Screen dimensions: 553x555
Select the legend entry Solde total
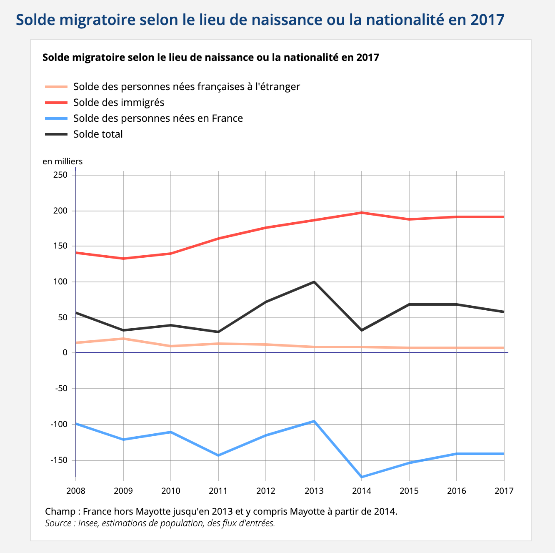point(98,134)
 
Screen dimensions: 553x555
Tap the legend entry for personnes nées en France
point(158,118)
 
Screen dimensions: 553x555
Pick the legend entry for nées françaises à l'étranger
point(186,87)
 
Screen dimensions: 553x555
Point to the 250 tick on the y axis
point(60,175)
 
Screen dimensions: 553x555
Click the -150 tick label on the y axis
point(59,460)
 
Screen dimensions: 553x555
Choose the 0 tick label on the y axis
point(65,353)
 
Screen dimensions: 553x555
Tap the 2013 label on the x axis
point(314,491)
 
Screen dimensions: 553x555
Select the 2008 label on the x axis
point(76,491)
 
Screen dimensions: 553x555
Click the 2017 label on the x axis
point(504,491)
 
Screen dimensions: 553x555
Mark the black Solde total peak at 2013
point(314,282)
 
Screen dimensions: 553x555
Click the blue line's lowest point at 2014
point(362,477)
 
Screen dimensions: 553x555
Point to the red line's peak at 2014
point(362,213)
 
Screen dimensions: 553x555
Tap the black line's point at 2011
point(218,332)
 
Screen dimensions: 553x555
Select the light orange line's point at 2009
point(123,339)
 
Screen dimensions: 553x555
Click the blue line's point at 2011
point(218,455)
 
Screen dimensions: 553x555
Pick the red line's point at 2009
point(123,259)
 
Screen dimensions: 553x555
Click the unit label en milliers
point(62,161)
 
